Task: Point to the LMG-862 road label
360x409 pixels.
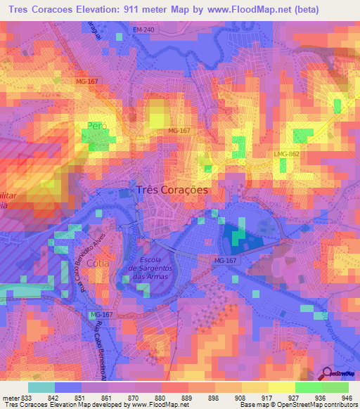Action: [x=287, y=153]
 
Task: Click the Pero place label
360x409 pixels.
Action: [x=95, y=126]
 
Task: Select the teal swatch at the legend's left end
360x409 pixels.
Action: [x=41, y=387]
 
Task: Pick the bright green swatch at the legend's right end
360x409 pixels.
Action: [x=335, y=387]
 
